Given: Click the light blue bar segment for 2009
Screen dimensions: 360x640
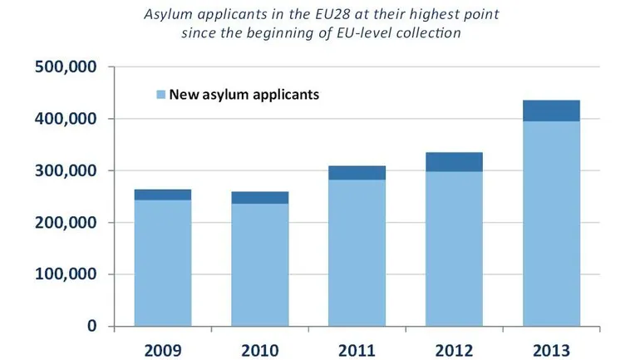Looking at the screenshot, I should pyautogui.click(x=162, y=263).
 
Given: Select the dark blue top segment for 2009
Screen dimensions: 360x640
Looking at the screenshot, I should pyautogui.click(x=162, y=195).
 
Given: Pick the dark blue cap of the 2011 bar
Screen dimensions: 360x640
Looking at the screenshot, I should pyautogui.click(x=357, y=172).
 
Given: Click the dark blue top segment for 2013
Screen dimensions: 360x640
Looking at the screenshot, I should pyautogui.click(x=551, y=111).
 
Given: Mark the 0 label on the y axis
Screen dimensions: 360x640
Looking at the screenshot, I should pyautogui.click(x=92, y=326).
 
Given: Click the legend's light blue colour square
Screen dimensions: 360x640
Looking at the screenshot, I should pyautogui.click(x=161, y=94).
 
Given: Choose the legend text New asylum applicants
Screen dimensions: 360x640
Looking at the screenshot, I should pyautogui.click(x=244, y=94).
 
